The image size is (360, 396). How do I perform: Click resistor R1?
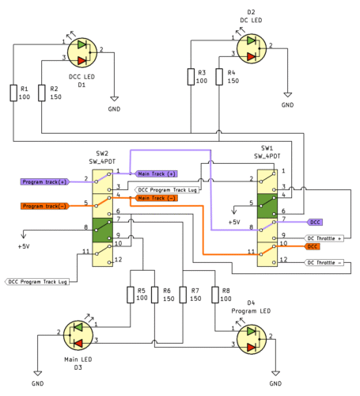tap(13, 93)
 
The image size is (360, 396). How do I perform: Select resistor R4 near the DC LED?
tap(218, 77)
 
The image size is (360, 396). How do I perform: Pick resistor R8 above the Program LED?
tap(214, 295)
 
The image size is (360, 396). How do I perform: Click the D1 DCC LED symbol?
tap(81, 51)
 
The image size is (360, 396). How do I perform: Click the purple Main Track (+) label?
tap(156, 173)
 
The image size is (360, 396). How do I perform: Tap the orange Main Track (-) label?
tap(156, 197)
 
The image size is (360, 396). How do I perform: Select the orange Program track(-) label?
tap(42, 206)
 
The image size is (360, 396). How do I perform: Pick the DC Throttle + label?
tap(324, 238)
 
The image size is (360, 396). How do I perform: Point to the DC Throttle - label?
tap(324, 262)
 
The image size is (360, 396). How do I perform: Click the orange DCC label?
tap(313, 246)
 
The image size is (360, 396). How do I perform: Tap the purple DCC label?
tap(315, 222)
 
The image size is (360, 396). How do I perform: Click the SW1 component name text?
tap(267, 148)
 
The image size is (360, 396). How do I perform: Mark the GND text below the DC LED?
tap(287, 105)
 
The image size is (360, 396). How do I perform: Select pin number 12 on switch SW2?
tap(119, 260)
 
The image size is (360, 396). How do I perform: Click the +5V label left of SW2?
tap(23, 246)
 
